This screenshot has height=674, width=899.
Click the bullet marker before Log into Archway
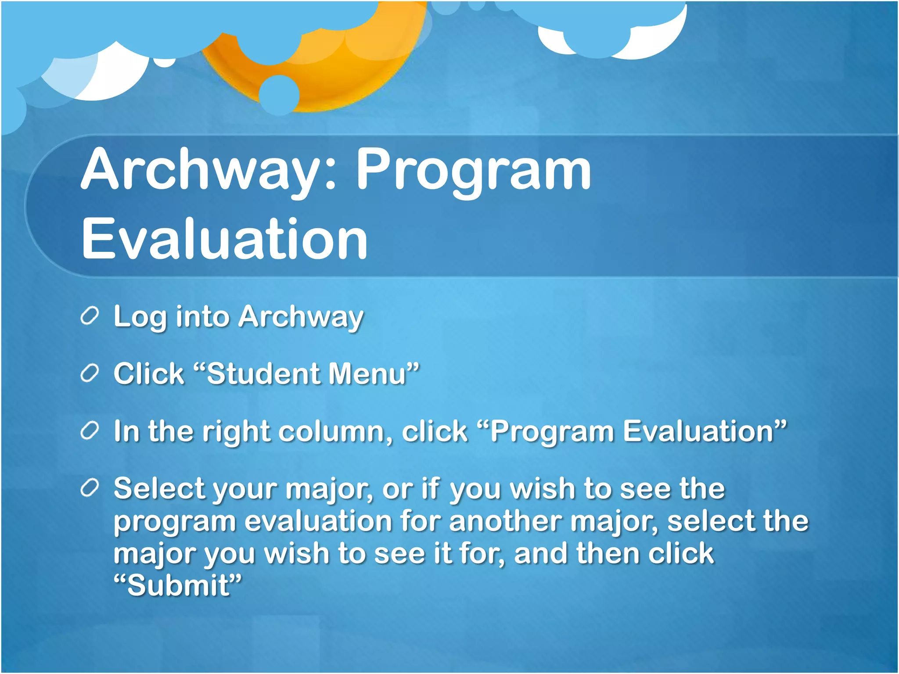coord(90,316)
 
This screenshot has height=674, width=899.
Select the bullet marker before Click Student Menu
coord(90,374)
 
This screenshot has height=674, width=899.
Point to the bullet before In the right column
coord(90,431)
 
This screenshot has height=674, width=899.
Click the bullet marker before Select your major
coord(90,488)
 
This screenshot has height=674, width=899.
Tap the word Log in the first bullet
coord(140,317)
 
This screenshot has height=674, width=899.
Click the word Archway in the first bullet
coord(301,317)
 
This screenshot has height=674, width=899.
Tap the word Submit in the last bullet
coord(178,585)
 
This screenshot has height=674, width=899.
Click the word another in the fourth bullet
coord(505,521)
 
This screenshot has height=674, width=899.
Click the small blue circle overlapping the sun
coord(279,95)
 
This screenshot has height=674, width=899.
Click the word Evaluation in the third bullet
coord(698,431)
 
